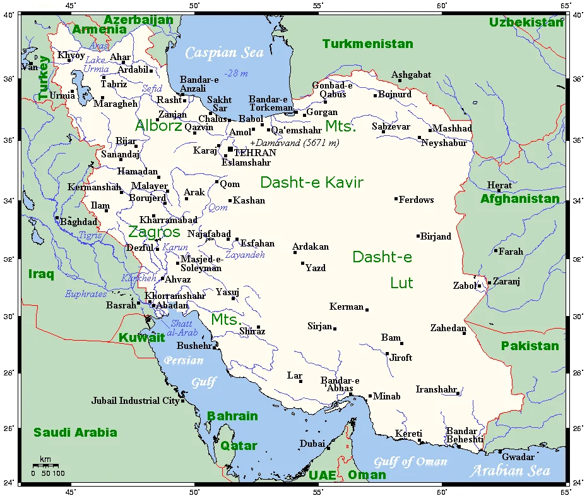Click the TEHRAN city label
255,152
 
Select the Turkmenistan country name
367,44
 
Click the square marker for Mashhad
430,130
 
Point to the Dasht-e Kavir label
312,183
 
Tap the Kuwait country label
141,337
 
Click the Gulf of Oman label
410,462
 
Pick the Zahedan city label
448,328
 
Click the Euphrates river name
86,294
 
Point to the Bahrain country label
232,416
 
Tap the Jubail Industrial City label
135,401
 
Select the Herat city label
499,185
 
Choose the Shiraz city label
252,331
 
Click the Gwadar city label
518,456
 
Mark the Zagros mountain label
154,231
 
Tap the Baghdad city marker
57,217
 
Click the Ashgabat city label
411,75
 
